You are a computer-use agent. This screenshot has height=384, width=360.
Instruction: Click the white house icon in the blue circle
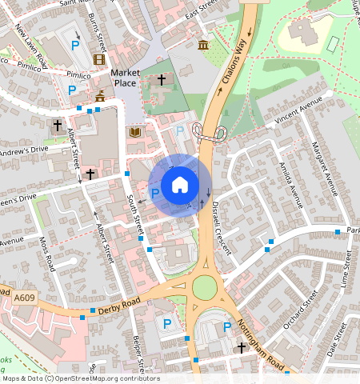pos(180,186)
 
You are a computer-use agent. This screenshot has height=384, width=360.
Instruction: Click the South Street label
pos(134,211)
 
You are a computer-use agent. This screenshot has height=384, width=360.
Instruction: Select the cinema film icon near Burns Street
pos(98,58)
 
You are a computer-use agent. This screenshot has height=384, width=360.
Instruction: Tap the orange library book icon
pos(134,132)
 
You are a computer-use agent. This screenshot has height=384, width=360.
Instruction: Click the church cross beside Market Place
pos(162,80)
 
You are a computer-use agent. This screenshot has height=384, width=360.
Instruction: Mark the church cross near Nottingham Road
pos(242,348)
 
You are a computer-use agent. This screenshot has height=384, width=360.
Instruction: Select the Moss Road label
pos(47,253)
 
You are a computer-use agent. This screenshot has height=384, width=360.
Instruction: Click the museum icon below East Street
pos(203,44)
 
